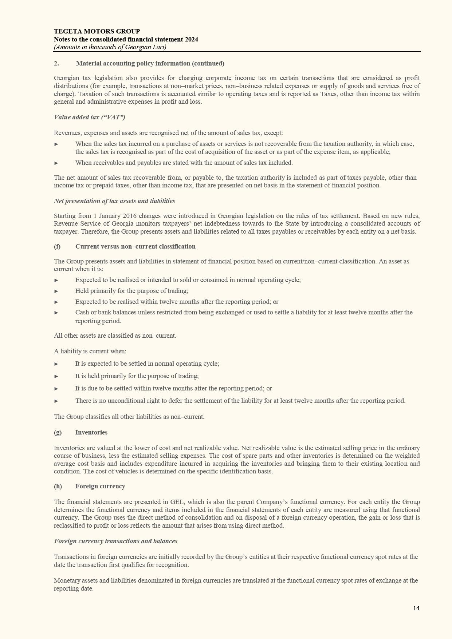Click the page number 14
[x=416, y=608]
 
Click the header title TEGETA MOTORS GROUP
[x=97, y=31]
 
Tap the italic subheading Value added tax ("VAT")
[x=90, y=117]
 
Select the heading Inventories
[x=91, y=432]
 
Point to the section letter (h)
[x=58, y=486]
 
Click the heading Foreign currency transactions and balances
[x=116, y=541]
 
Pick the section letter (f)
[x=57, y=246]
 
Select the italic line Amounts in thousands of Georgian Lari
[x=110, y=47]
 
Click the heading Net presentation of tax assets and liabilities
[x=114, y=201]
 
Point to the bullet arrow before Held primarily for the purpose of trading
[x=56, y=291]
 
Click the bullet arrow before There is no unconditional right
[x=56, y=401]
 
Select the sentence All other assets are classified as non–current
[x=115, y=336]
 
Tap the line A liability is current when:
[x=90, y=351]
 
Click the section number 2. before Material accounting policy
[x=56, y=63]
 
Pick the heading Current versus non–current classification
[x=135, y=246]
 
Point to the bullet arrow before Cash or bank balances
[x=56, y=313]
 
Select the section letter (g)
[x=58, y=432]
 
